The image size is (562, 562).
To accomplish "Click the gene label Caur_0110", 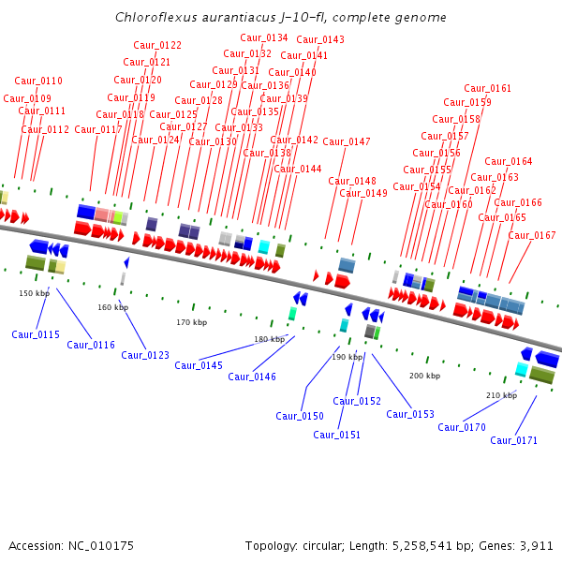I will (x=38, y=81).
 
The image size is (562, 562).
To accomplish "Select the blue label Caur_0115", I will (x=36, y=334).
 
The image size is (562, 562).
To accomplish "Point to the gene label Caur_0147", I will (x=347, y=141).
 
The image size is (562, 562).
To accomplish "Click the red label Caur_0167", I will (x=532, y=235).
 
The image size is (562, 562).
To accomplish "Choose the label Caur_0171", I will (x=514, y=440).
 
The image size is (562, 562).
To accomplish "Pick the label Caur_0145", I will (x=199, y=365).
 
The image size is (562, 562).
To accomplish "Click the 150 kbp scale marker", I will (x=34, y=293).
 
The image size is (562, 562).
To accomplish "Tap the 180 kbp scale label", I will (x=269, y=339).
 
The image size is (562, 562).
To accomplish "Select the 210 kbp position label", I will (x=501, y=395).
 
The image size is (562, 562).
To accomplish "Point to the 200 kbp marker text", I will (x=423, y=376).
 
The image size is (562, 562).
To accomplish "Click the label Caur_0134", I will (x=264, y=37).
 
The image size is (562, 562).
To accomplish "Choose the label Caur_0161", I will (x=488, y=88).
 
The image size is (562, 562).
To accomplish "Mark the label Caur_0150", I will (x=300, y=416).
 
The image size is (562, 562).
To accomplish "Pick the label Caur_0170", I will (x=462, y=427).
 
